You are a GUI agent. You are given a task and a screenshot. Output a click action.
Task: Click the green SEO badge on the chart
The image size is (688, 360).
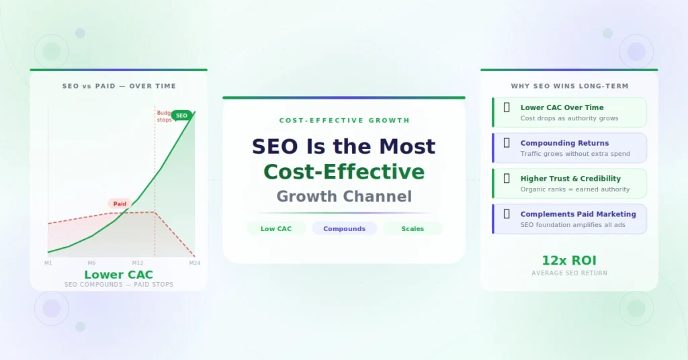coord(181,116)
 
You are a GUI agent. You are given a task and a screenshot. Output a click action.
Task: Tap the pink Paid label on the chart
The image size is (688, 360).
coord(120,204)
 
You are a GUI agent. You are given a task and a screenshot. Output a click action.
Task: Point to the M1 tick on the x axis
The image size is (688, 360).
coord(48,263)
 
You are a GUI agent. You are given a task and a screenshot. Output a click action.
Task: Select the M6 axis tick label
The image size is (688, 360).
coord(91,263)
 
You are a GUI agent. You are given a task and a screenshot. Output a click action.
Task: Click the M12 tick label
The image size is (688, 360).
coord(138,263)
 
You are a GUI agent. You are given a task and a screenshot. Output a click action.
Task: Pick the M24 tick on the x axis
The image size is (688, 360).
coord(194,263)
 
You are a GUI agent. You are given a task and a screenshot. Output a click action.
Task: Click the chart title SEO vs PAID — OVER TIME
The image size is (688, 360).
coord(118,86)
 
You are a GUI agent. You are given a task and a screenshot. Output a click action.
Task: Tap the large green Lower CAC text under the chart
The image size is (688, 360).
coord(118,275)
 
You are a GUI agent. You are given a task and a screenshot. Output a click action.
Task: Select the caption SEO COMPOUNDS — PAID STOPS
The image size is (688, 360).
coord(118,285)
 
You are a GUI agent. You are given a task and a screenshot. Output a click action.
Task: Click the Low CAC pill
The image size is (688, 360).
coord(276,229)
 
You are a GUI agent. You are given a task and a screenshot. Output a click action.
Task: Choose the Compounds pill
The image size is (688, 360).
coord(344,229)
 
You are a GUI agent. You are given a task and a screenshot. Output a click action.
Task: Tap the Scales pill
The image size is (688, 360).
coord(413,229)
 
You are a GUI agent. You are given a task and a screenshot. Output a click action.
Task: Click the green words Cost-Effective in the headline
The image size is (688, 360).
coord(343,172)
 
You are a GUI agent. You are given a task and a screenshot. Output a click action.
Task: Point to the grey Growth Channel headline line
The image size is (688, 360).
coord(343,197)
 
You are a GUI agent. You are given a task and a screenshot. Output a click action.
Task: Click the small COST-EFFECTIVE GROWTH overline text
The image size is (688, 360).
coord(343,121)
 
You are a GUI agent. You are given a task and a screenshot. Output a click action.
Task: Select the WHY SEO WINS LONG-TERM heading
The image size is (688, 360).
coord(569,86)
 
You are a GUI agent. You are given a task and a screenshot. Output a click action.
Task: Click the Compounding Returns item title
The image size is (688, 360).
coord(564,143)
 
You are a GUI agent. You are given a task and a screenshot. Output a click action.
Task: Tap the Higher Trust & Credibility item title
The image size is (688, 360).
coord(570,179)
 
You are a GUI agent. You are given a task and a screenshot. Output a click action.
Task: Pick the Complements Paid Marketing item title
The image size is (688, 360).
coord(578,214)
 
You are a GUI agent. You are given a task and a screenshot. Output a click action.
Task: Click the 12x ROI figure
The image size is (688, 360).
coord(569,261)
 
